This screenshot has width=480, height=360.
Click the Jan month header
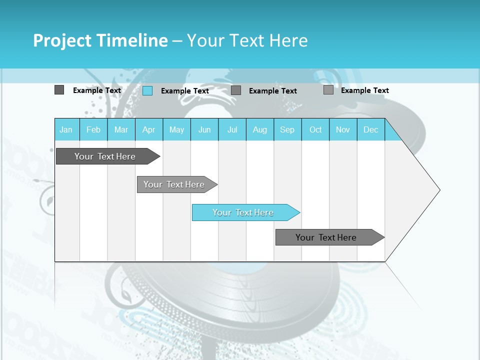[x=66, y=130]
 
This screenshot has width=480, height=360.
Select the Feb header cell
[x=93, y=130]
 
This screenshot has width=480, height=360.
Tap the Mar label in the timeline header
[x=121, y=130]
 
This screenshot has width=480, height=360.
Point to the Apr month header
[x=149, y=130]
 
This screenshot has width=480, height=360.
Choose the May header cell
[x=176, y=130]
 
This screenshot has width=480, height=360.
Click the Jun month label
[x=204, y=130]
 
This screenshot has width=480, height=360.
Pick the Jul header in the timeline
[x=232, y=130]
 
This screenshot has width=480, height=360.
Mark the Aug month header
[x=260, y=130]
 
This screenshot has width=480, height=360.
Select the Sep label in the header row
[x=287, y=130]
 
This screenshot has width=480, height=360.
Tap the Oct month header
[x=315, y=130]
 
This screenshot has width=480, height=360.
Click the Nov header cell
[x=343, y=130]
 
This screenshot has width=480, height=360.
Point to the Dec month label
[x=371, y=130]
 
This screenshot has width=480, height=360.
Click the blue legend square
[x=147, y=90]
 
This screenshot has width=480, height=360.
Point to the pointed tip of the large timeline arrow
[x=439, y=189]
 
